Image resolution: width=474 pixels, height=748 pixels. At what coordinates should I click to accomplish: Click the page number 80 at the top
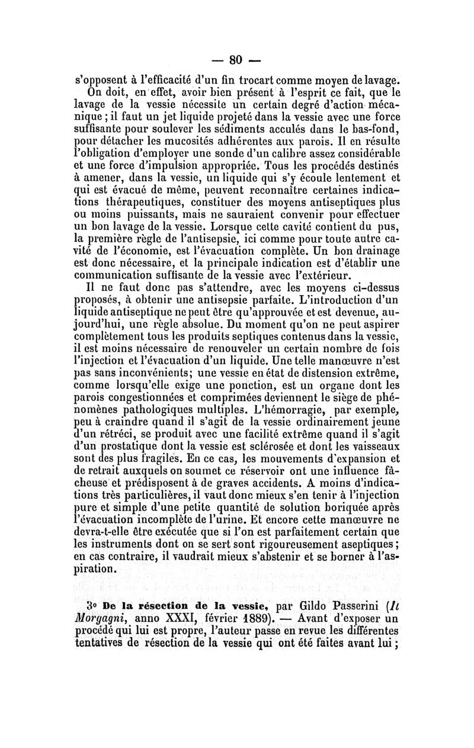tap(237, 60)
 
